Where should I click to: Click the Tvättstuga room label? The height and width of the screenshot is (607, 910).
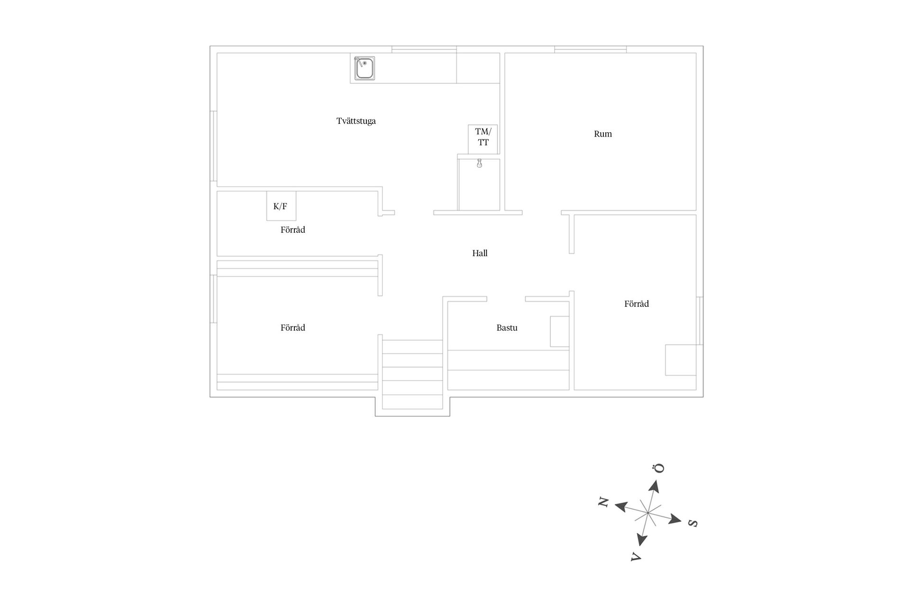(356, 121)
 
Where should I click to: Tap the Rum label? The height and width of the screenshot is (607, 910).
(603, 134)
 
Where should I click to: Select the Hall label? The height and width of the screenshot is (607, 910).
(480, 253)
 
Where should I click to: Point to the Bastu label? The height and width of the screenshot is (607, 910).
(507, 328)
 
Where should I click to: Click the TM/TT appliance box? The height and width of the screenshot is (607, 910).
(483, 139)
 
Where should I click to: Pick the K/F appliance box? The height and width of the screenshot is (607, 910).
(281, 206)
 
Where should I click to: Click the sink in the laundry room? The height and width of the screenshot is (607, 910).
(364, 68)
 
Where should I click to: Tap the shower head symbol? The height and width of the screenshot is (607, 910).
(479, 163)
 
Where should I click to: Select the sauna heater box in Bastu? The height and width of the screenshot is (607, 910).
(559, 331)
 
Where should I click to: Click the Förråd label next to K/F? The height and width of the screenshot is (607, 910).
(292, 230)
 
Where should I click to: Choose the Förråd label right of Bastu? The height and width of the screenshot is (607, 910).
(636, 304)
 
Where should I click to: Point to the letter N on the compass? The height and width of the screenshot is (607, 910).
(603, 502)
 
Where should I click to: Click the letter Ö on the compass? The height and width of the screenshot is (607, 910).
(659, 469)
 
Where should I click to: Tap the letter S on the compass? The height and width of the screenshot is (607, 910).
(692, 523)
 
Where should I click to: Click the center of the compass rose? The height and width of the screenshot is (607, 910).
(647, 513)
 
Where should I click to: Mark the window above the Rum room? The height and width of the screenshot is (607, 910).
(591, 49)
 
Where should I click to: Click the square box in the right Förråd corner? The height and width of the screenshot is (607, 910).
(681, 360)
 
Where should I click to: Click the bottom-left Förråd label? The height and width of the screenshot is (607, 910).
(292, 328)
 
